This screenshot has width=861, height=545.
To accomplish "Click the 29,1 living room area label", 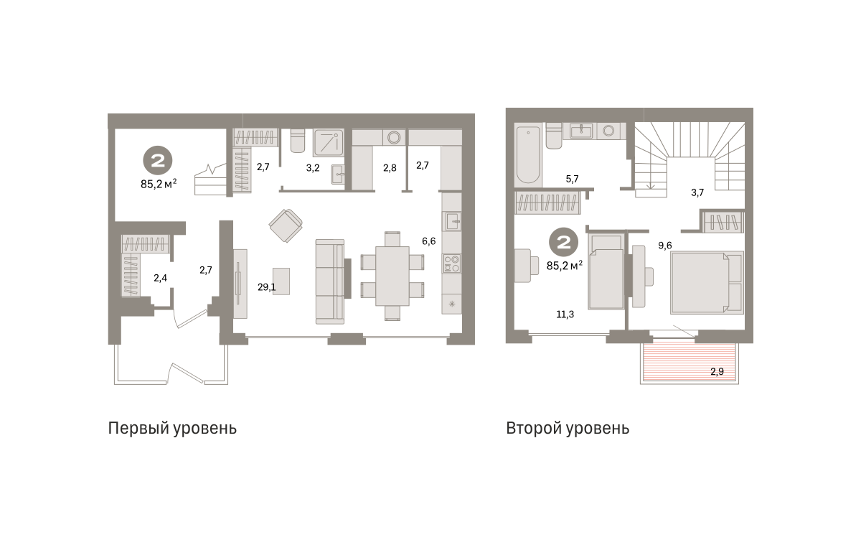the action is tap(267, 287).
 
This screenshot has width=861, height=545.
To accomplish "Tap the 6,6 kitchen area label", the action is tap(428, 241).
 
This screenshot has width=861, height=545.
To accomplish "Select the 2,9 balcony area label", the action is tap(717, 371).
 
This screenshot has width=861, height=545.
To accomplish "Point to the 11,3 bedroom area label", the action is tap(565, 315).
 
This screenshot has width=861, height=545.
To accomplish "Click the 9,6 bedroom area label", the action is tap(665, 246).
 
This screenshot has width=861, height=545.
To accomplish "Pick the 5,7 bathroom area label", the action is tap(572, 179).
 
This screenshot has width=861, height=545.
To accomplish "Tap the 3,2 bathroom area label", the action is tap(313, 168).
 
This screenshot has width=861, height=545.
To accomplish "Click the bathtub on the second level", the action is tap(528, 154).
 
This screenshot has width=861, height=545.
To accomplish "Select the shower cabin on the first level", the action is tap(329, 142).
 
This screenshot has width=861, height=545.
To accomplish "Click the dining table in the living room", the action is tap(392, 276).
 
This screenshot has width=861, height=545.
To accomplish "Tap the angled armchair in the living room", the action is tap(286, 225).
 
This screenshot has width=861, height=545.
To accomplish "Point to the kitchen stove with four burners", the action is tap(451, 264).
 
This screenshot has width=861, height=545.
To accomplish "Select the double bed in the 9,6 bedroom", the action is tap(707, 282).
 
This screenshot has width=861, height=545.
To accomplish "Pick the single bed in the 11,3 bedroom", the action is tap(606, 271).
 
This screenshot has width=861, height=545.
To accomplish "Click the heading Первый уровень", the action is tap(172, 429).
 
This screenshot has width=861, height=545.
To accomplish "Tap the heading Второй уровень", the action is tap(568, 429).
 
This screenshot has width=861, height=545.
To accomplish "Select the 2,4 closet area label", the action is tap(160, 278).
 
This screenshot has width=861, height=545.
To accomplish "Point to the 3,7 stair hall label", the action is tap(697, 192).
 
